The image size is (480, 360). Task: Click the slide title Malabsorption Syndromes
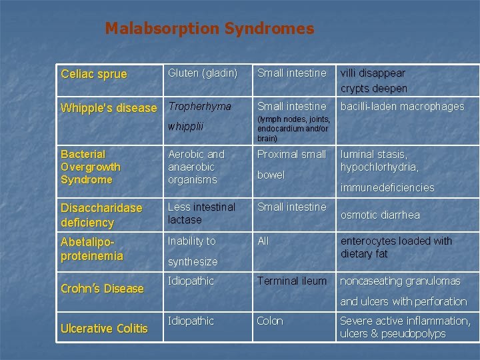click(x=209, y=29)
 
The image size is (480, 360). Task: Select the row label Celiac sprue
click(x=93, y=74)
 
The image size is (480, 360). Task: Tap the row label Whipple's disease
click(x=109, y=108)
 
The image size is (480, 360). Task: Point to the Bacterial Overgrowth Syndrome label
click(x=91, y=167)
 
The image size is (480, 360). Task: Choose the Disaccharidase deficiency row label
click(x=101, y=215)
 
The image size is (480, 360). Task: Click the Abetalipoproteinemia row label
click(x=92, y=248)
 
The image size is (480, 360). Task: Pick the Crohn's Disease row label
click(x=102, y=289)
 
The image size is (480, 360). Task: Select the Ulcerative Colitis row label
click(x=104, y=328)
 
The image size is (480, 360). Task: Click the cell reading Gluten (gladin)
click(x=203, y=73)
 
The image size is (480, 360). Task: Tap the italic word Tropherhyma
click(x=199, y=106)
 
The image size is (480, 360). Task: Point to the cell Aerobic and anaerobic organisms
click(x=196, y=167)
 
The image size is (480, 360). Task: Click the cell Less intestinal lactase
click(x=201, y=213)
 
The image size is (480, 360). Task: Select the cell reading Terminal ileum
click(x=292, y=281)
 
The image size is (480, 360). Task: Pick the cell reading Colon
click(x=270, y=321)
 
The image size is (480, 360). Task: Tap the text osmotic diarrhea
click(x=380, y=215)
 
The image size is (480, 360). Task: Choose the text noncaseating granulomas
click(x=400, y=281)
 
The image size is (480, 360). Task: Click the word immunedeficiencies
click(x=387, y=188)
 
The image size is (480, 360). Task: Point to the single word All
click(x=263, y=241)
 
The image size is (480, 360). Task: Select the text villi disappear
click(x=373, y=73)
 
